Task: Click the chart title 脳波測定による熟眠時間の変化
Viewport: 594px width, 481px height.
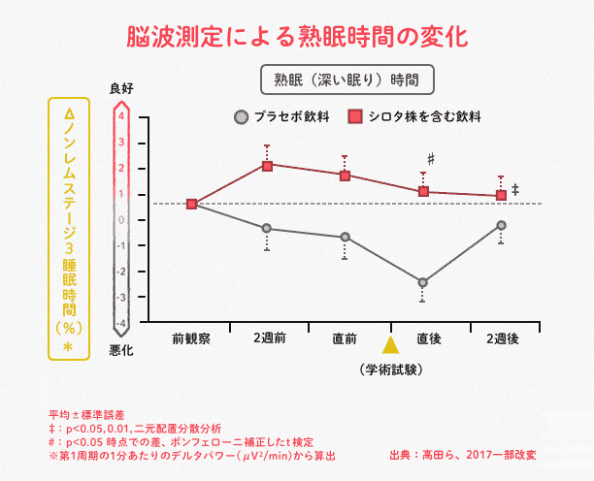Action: [297, 37]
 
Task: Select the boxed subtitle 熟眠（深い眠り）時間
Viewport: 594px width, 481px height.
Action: [346, 79]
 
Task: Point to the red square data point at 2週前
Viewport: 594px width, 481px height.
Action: [267, 164]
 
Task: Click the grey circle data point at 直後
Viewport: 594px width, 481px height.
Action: [422, 282]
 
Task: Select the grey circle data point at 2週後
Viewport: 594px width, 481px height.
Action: [501, 225]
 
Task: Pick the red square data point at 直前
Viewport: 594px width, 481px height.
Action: [345, 175]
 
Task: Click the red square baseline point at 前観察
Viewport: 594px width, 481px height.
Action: [192, 204]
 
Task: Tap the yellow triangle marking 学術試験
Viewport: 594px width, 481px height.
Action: [390, 344]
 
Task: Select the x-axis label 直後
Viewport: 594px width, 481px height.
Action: [428, 338]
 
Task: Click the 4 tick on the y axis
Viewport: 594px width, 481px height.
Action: [121, 116]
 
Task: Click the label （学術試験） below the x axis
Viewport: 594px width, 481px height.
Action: [391, 369]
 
